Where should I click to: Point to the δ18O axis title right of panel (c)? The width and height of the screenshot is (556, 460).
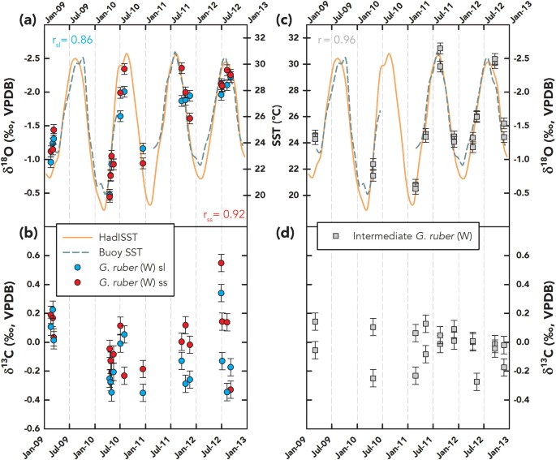[543, 130]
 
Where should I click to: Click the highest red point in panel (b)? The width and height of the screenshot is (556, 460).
[221, 263]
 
